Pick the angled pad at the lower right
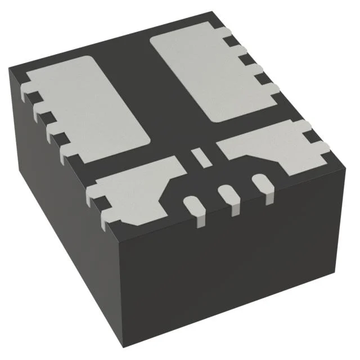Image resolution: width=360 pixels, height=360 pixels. point(270,149)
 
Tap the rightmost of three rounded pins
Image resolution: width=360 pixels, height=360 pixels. point(261,183)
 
